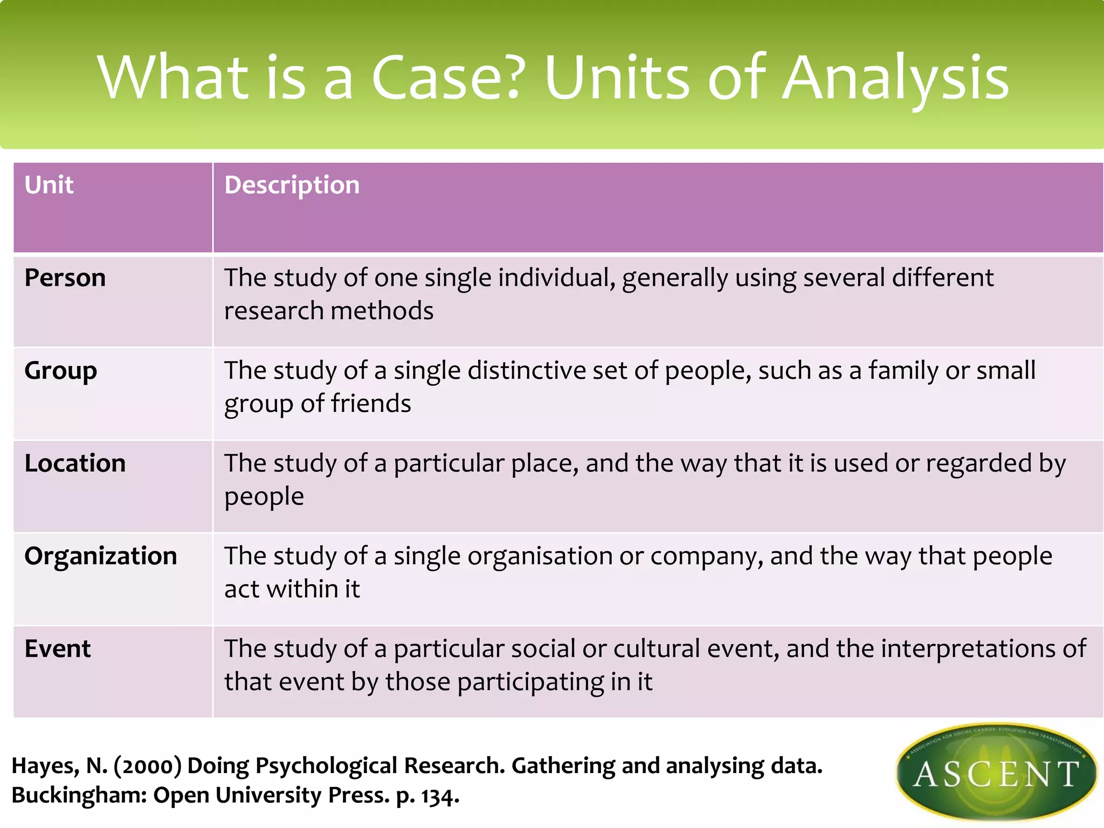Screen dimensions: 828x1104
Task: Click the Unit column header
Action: click(x=49, y=185)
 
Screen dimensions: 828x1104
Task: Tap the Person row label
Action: click(x=65, y=278)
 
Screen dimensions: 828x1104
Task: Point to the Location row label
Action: click(x=75, y=464)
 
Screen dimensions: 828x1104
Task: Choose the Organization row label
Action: click(x=100, y=556)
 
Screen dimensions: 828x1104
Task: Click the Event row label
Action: click(x=57, y=649)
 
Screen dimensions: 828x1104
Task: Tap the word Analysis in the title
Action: click(x=895, y=78)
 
